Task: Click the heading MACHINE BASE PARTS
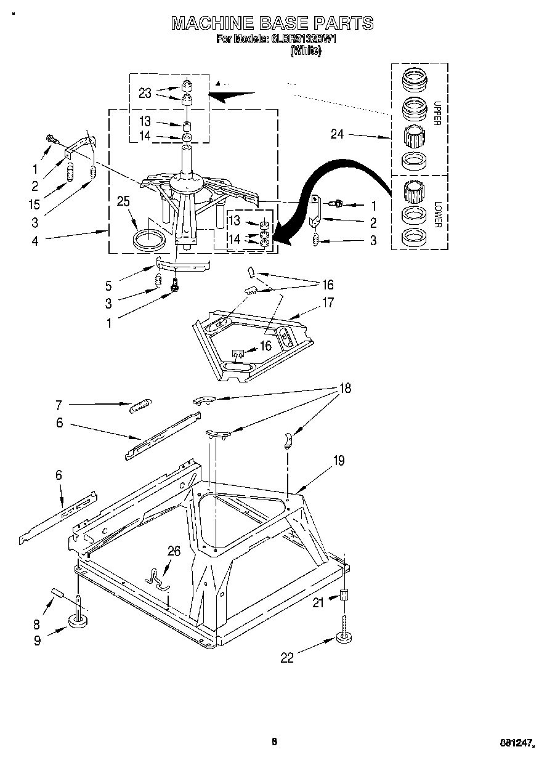pos(272,23)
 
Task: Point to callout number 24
pos(337,134)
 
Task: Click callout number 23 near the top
pos(145,93)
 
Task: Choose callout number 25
pos(123,201)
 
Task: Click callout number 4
pos(35,241)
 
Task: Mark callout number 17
pos(327,302)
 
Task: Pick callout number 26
pos(174,551)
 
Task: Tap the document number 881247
pos(515,743)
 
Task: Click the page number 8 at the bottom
pos(275,742)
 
